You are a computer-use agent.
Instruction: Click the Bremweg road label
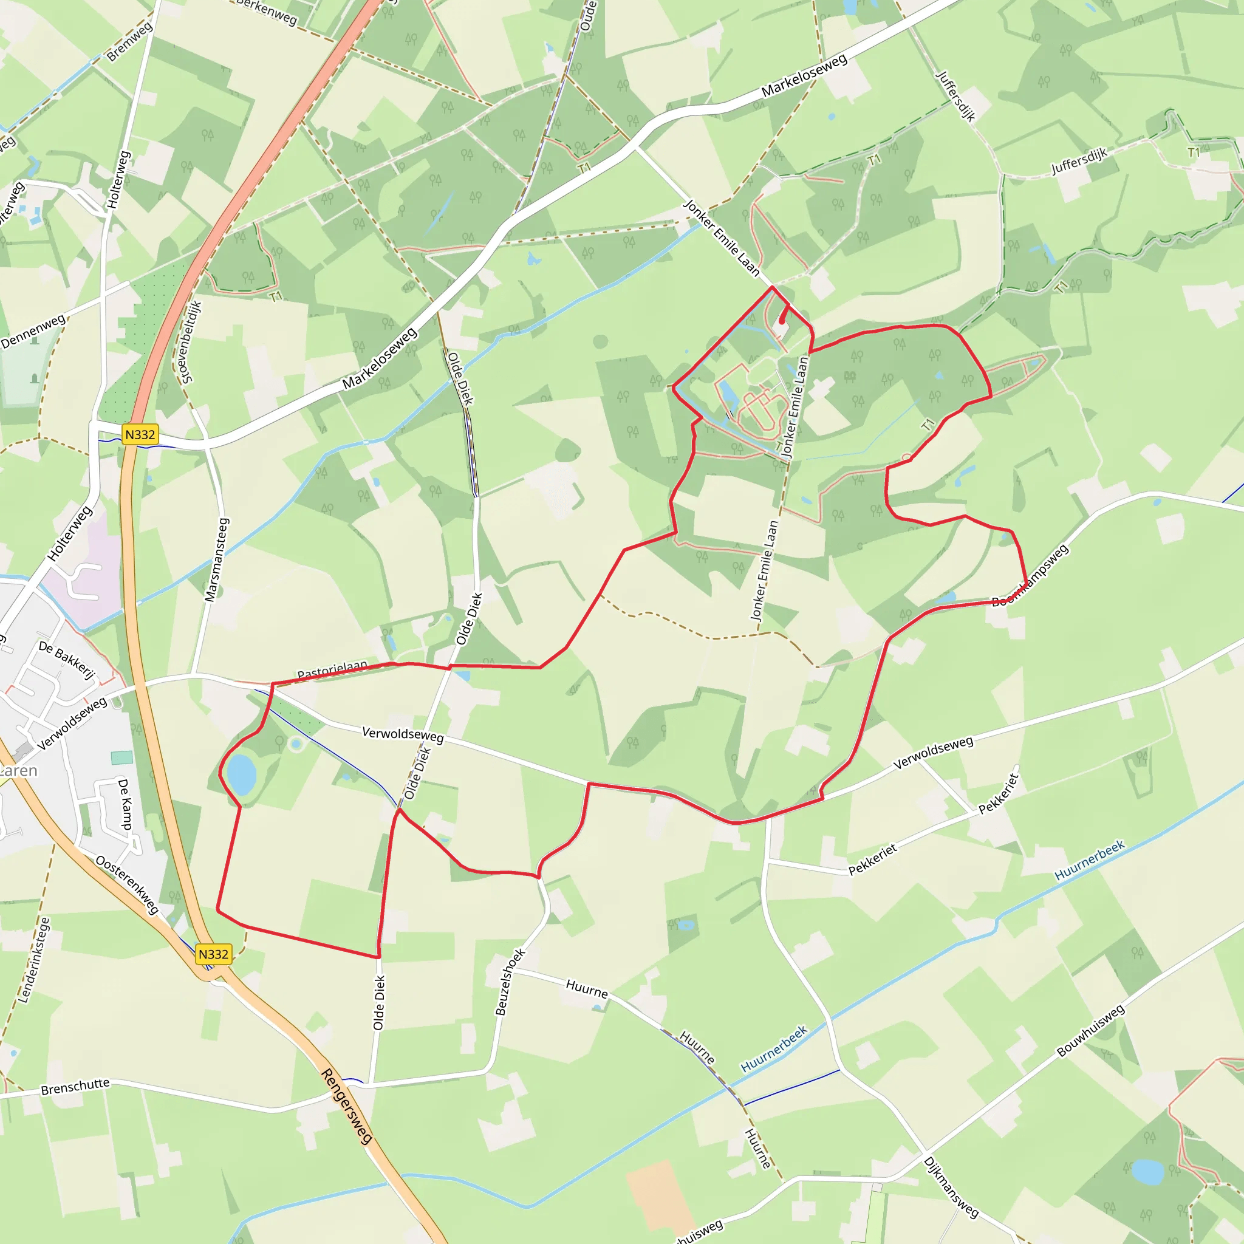pos(129,42)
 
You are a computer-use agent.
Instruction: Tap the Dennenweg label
pos(33,331)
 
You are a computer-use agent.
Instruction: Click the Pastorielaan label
pos(332,671)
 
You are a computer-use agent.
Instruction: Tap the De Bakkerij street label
pos(66,659)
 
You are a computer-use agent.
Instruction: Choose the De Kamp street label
pos(126,804)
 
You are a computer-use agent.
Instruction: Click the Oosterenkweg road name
pos(127,884)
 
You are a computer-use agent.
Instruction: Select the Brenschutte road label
pos(75,1085)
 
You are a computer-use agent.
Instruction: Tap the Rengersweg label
pos(346,1106)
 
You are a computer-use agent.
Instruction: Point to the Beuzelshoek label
pos(510,982)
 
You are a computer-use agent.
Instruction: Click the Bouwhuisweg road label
pos(1091,1030)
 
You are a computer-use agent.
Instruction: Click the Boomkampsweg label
pos(1030,575)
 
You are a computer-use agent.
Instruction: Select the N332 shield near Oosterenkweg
pos(213,954)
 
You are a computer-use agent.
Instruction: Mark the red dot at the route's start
pos(782,320)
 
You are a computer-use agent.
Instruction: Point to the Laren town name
pos(18,771)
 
